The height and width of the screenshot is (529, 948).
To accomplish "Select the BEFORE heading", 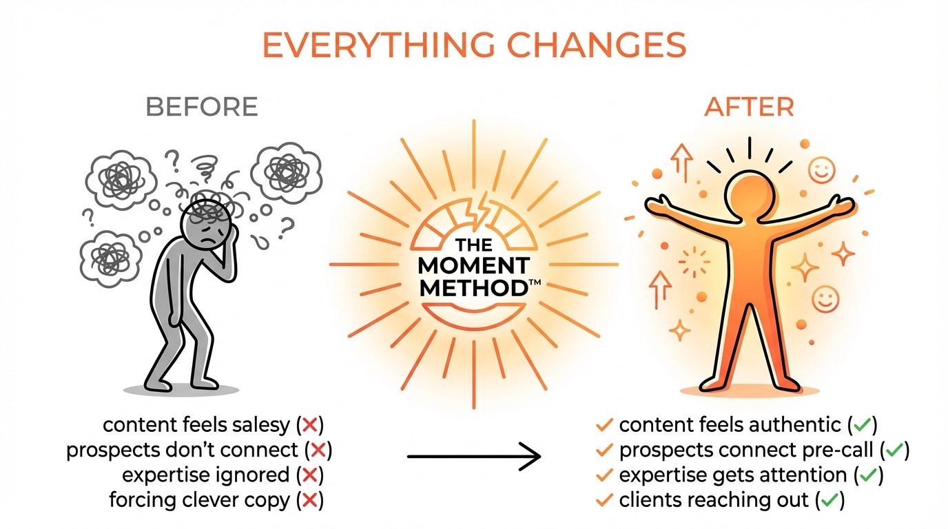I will [x=202, y=107].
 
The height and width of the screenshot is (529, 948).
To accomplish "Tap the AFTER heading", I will [x=750, y=107].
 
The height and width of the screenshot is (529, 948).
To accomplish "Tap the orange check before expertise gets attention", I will [x=604, y=475].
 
